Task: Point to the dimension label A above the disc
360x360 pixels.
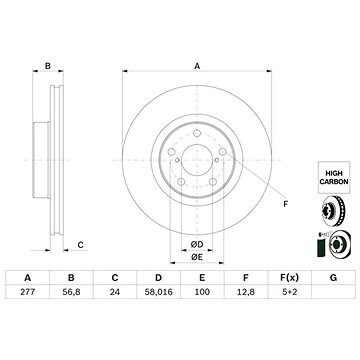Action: pyautogui.click(x=197, y=67)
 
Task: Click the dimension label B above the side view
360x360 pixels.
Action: pyautogui.click(x=47, y=67)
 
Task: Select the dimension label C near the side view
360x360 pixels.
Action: pyautogui.click(x=80, y=244)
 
